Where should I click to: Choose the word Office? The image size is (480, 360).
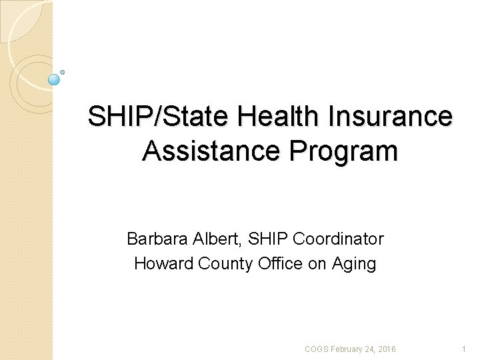[282, 264]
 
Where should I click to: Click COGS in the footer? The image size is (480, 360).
[316, 349]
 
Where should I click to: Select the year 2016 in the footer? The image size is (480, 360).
[387, 349]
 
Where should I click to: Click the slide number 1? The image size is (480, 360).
[464, 349]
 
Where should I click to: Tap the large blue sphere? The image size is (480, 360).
[55, 79]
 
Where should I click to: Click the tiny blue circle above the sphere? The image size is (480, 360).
[62, 71]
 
